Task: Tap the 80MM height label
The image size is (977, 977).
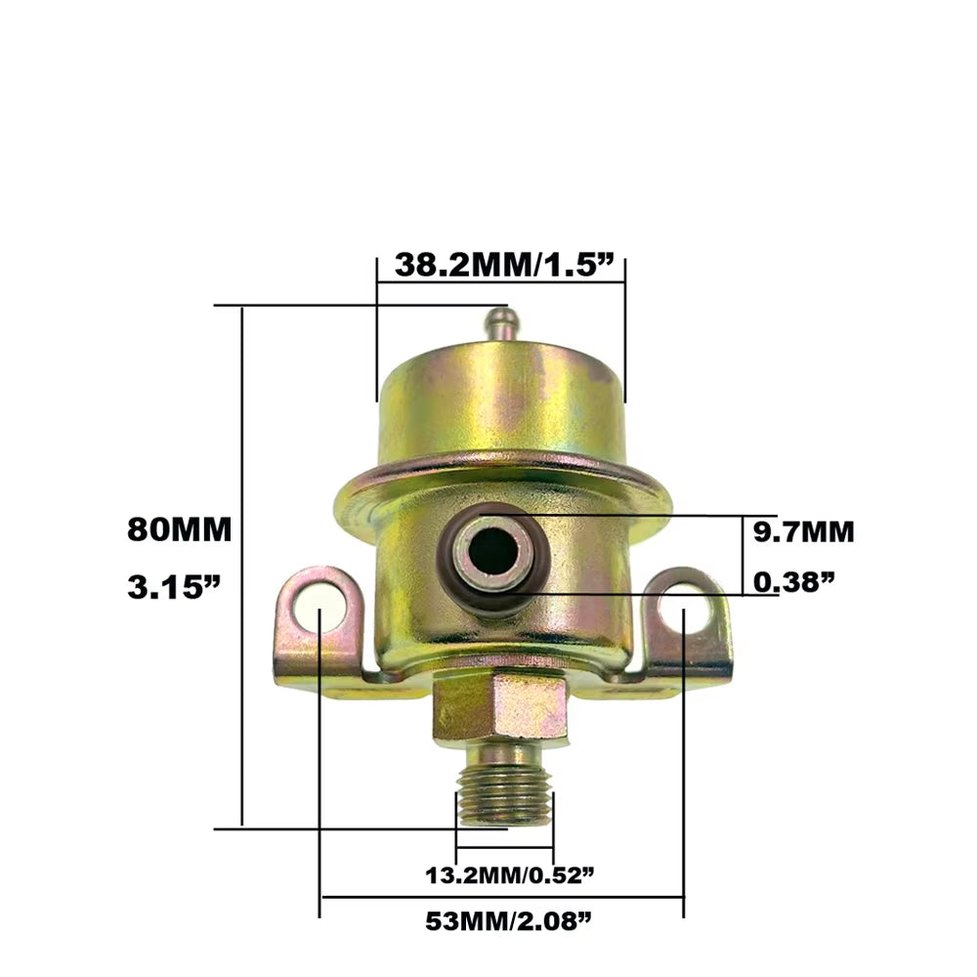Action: point(179,531)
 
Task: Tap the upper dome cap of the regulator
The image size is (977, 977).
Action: point(500,401)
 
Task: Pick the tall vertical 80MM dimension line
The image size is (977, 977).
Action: point(241,567)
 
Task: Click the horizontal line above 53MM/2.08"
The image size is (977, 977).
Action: point(502,897)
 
